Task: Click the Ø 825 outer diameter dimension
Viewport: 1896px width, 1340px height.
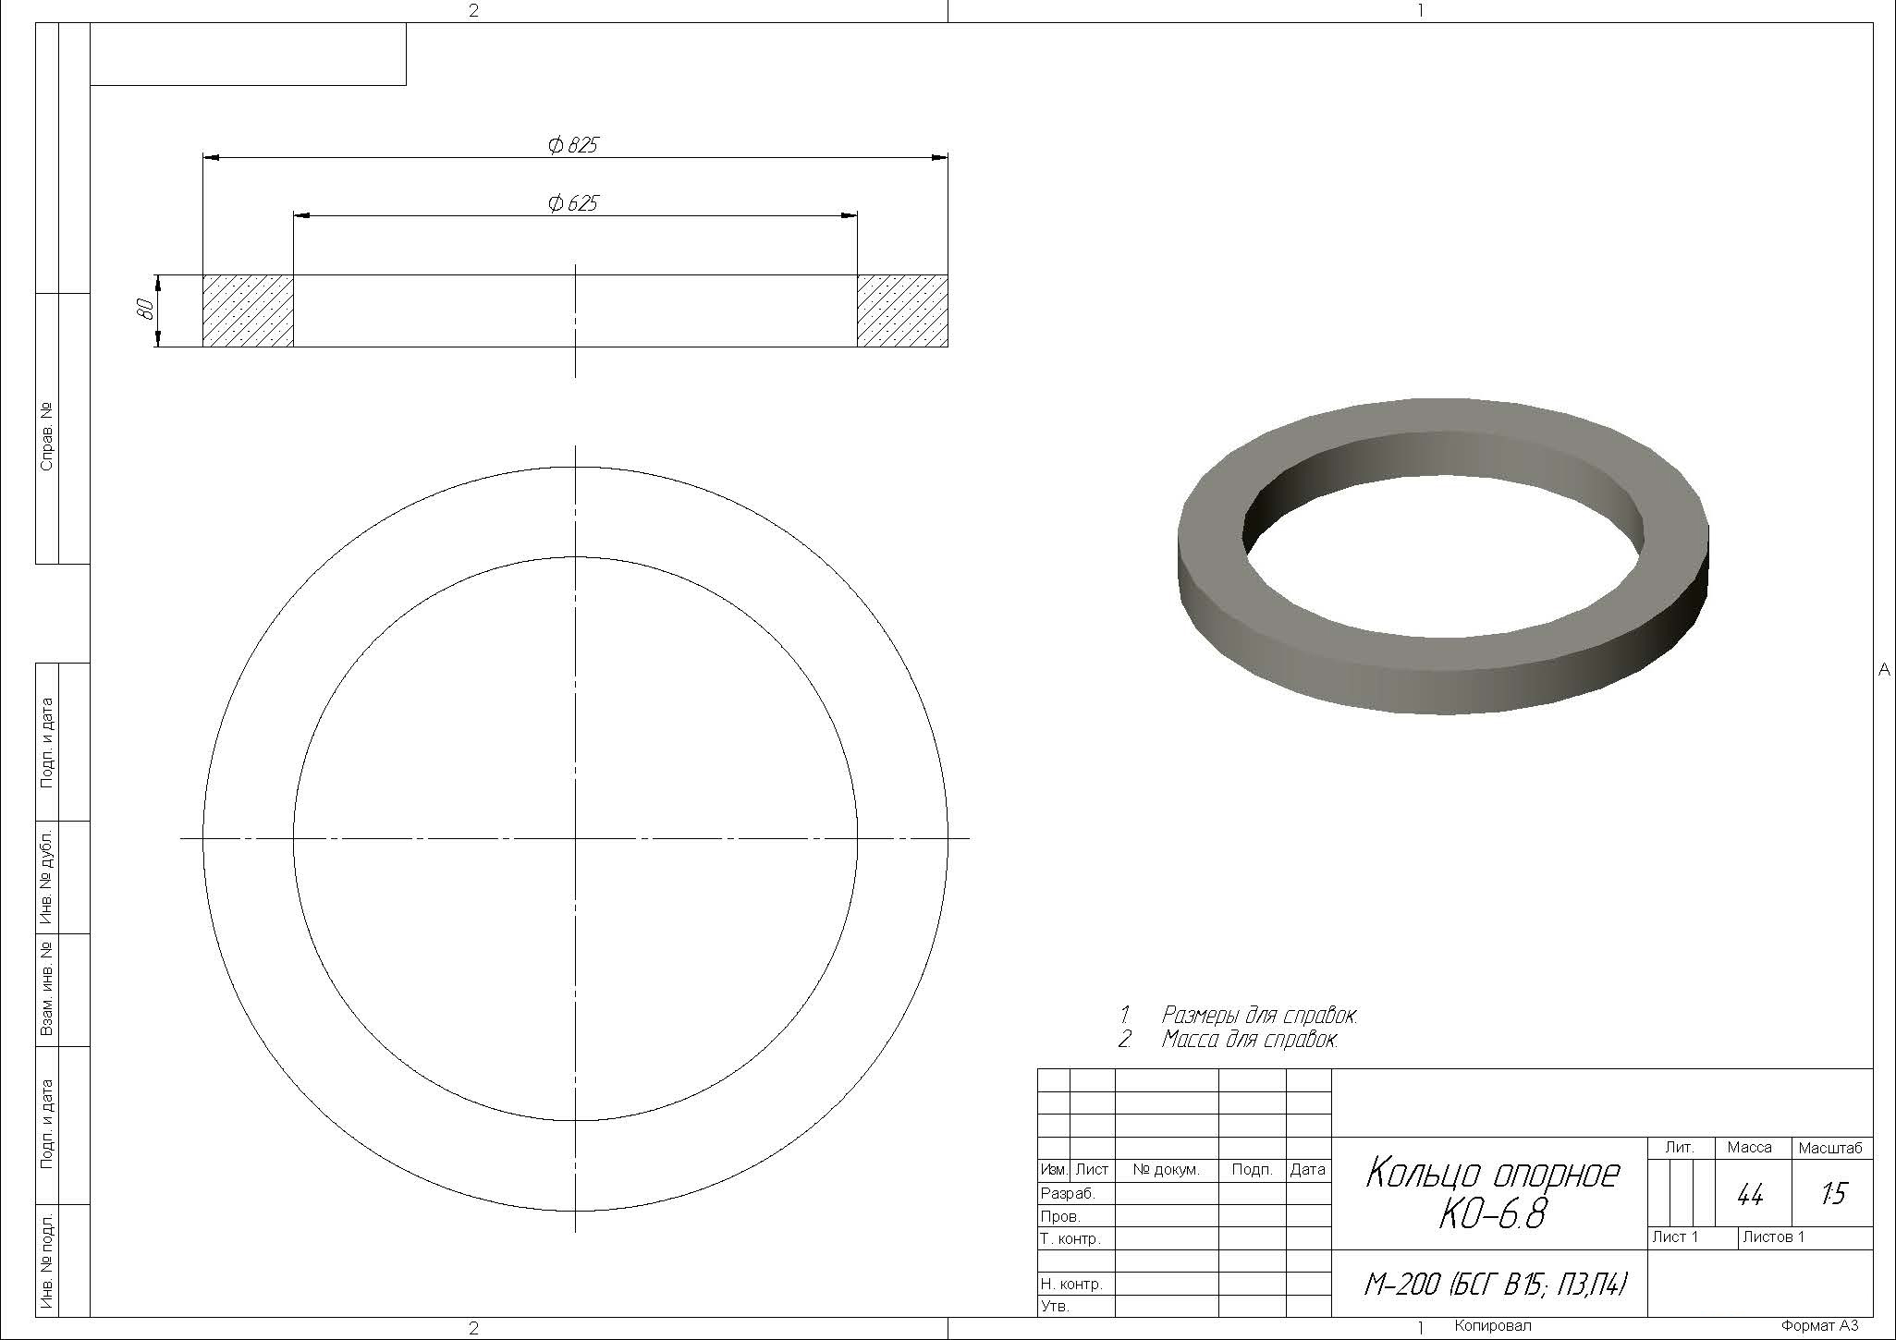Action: [573, 145]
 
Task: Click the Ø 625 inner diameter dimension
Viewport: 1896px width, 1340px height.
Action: [573, 202]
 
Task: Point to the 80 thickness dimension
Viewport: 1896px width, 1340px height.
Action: [144, 310]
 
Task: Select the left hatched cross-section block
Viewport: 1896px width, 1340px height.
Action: [248, 311]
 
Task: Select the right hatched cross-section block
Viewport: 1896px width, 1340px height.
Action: [902, 311]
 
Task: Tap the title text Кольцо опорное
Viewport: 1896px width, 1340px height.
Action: [1492, 1175]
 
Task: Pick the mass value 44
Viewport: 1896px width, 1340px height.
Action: [1750, 1196]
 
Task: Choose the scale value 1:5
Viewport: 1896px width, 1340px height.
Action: [1832, 1195]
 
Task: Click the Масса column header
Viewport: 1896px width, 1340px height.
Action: [1749, 1148]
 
